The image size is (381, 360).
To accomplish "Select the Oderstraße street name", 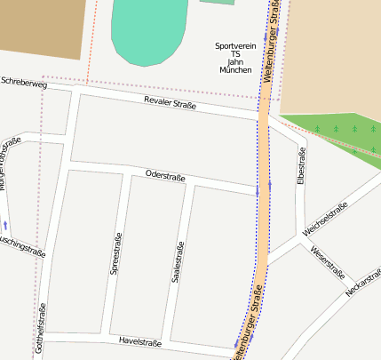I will coord(164,176).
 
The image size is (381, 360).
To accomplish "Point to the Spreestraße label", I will coord(116,253).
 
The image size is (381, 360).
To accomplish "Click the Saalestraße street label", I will coord(178,262).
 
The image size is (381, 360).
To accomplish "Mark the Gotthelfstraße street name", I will coord(40,330).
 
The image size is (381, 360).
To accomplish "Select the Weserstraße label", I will coord(327,261).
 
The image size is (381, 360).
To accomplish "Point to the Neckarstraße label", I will coord(362,282).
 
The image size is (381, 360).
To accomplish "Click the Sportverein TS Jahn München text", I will coord(235,57).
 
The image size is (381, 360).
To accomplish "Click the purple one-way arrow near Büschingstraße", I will coord(6,225).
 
